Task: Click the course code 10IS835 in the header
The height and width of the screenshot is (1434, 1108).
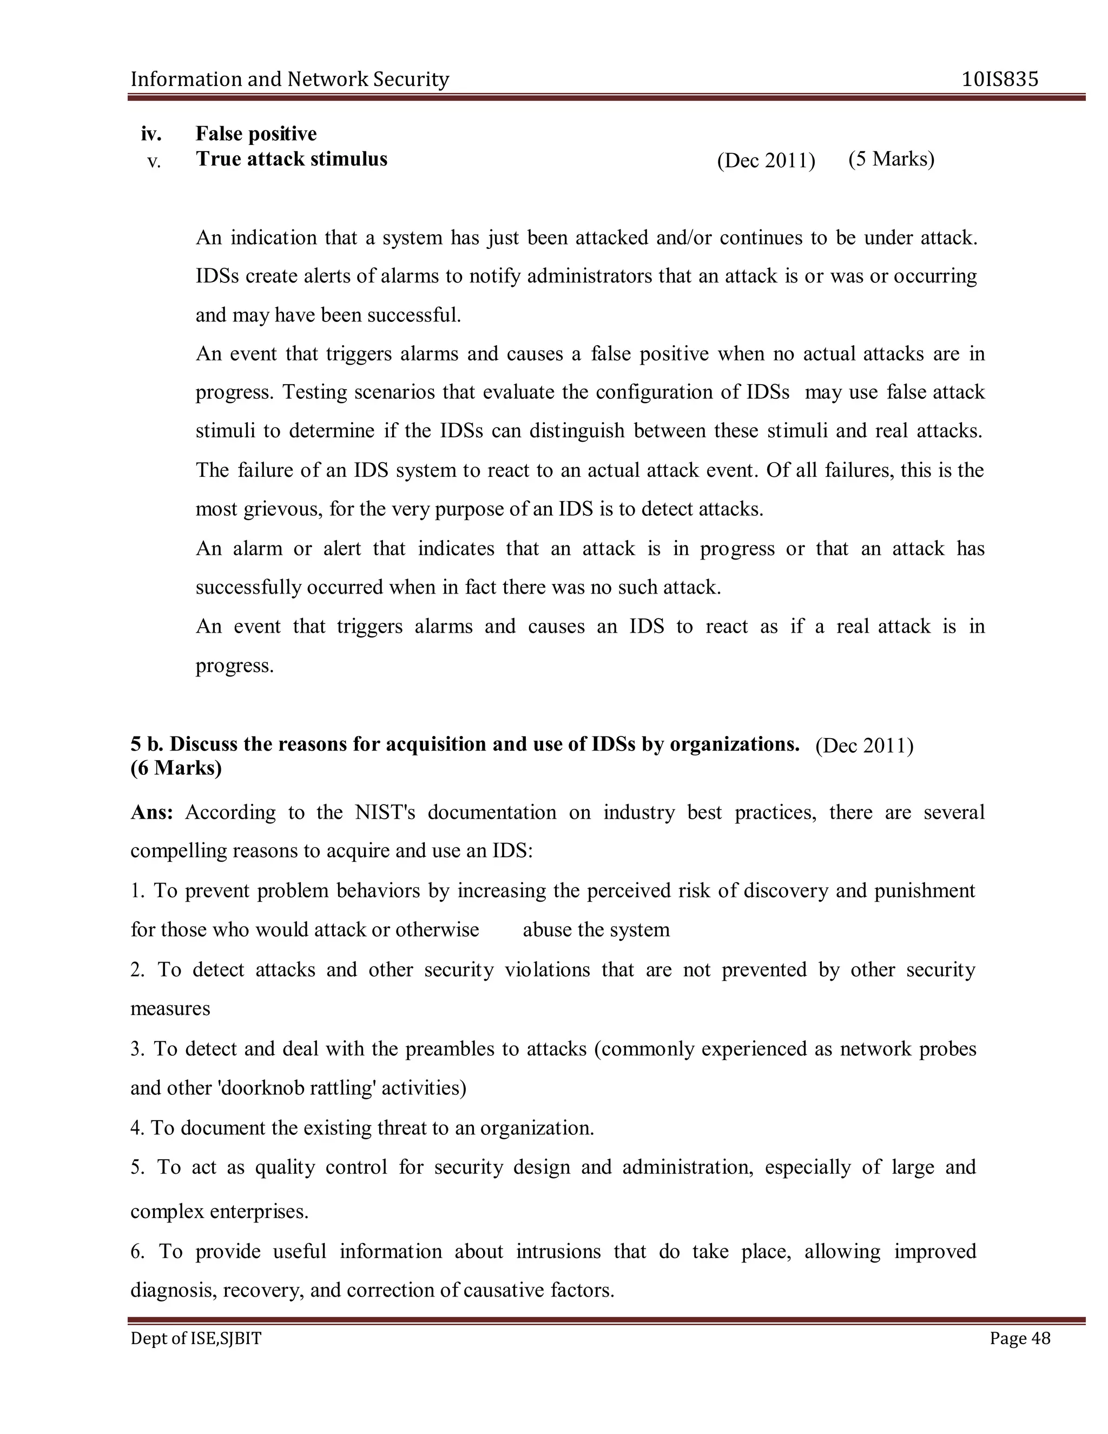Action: pos(1000,80)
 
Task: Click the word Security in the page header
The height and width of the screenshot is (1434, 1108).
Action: pos(411,80)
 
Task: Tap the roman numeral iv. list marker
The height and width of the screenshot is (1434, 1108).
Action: pos(151,134)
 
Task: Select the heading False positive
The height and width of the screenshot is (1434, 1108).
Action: pos(256,134)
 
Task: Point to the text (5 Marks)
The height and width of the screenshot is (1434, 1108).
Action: pos(891,159)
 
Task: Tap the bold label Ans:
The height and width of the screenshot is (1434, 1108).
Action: pos(151,812)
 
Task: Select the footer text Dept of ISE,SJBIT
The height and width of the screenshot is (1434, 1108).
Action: pos(196,1338)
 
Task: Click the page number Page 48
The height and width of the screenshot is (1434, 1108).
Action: pos(1019,1338)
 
